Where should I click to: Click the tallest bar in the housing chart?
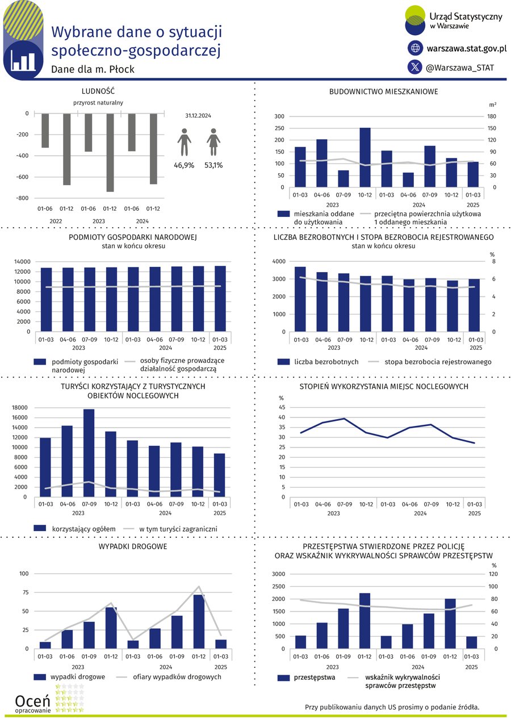(x=365, y=157)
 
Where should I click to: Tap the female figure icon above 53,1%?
(x=213, y=142)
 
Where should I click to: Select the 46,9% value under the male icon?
(x=184, y=165)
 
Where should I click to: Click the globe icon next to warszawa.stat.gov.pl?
(x=415, y=48)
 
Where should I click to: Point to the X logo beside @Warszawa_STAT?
(x=415, y=67)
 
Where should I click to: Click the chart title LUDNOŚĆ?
(x=98, y=91)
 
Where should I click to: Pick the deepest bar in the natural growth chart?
(x=110, y=152)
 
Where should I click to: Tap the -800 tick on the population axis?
(x=23, y=198)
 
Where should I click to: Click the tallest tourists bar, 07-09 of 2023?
(x=89, y=453)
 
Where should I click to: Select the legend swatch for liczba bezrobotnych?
(x=283, y=362)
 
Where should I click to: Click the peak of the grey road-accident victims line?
(x=199, y=587)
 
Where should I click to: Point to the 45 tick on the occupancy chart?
(x=282, y=407)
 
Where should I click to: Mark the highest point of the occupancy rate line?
(x=345, y=419)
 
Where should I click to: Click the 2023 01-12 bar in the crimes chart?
(x=365, y=621)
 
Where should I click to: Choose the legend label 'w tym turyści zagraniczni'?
(x=178, y=529)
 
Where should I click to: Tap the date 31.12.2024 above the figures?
(x=198, y=115)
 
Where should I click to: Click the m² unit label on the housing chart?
(x=492, y=105)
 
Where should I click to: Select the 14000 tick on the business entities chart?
(x=22, y=261)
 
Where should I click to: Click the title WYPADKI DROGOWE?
(x=133, y=546)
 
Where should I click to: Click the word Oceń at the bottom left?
(x=32, y=701)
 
